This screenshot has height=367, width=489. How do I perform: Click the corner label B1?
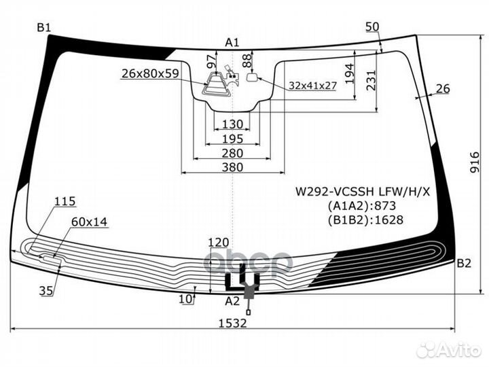tap(44, 27)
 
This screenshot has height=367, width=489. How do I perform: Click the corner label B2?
tap(463, 263)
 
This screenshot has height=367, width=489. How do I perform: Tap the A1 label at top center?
tap(232, 43)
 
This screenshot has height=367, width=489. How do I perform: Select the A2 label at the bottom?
tap(232, 300)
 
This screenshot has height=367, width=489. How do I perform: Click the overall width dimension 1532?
tap(232, 323)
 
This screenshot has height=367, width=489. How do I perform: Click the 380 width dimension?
tap(232, 167)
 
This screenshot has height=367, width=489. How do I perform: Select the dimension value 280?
tap(232, 152)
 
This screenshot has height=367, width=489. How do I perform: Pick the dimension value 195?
tap(232, 139)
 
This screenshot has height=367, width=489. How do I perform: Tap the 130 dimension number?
tap(232, 124)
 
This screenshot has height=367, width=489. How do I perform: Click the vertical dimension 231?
tap(371, 81)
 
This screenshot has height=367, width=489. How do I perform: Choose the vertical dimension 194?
tap(349, 73)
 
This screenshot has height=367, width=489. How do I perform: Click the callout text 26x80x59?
tap(150, 73)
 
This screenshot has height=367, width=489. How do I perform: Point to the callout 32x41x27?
tap(313, 86)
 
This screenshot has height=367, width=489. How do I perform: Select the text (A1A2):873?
tap(352, 206)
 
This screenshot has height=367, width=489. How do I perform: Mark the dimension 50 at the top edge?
tap(372, 27)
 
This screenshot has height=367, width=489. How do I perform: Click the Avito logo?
tap(450, 349)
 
